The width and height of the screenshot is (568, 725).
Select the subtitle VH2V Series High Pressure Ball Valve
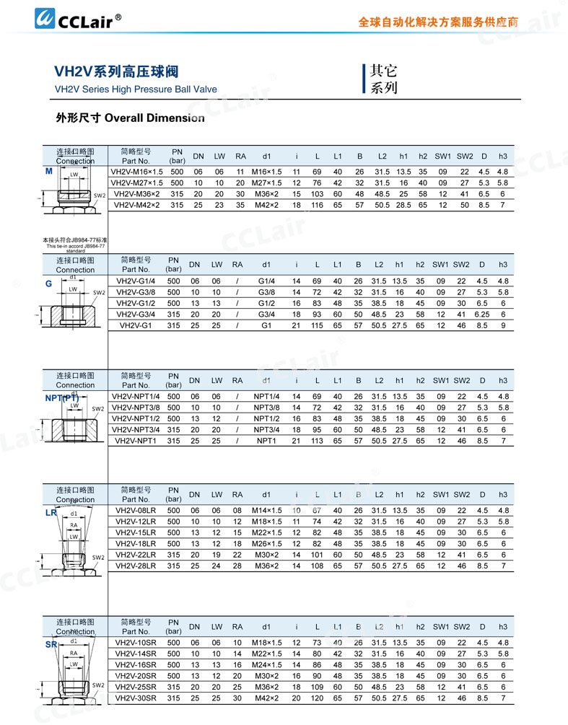pos(136,89)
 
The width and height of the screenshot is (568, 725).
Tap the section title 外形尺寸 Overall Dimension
pos(130,118)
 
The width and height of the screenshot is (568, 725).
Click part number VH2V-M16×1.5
pos(136,172)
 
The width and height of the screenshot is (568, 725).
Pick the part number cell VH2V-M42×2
pos(136,205)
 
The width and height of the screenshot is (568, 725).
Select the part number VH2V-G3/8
pos(136,292)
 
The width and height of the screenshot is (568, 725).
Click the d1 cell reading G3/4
pos(266,315)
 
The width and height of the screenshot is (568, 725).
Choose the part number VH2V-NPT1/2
pos(136,418)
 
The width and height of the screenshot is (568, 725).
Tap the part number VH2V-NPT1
pos(136,441)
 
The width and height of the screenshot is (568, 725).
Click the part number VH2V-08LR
pos(136,511)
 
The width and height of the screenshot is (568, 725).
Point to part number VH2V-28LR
pos(136,566)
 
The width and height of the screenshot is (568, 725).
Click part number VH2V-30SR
pos(136,698)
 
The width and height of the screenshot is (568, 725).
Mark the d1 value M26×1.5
pos(266,544)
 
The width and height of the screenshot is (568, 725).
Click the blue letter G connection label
pos(49,284)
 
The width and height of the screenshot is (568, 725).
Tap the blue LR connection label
pos(51,513)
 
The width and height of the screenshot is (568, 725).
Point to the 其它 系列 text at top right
pos(383,79)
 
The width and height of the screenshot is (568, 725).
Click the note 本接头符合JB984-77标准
pos(74,240)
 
